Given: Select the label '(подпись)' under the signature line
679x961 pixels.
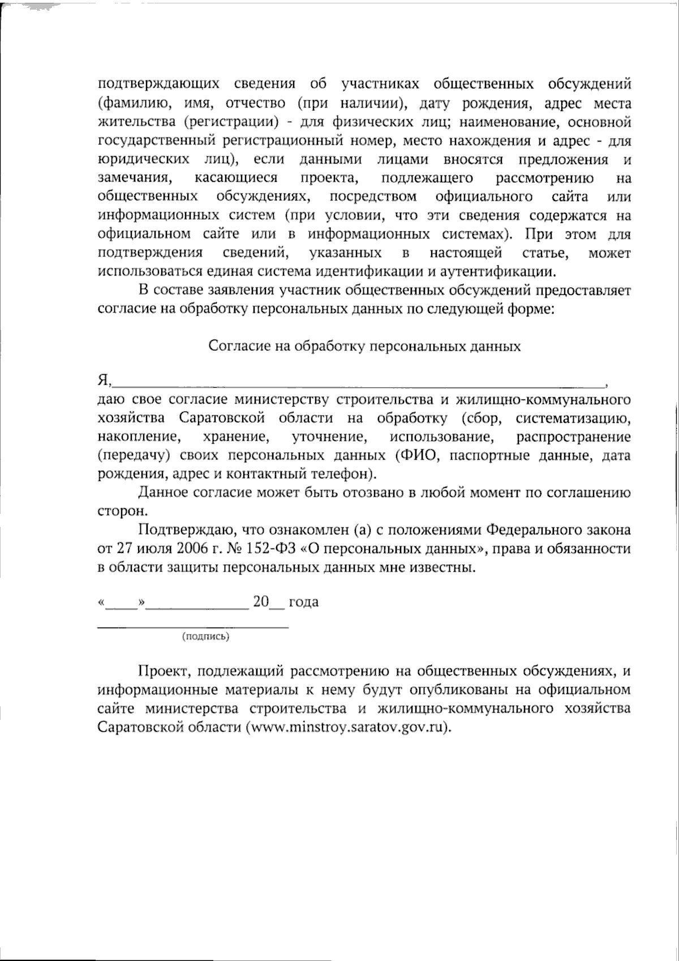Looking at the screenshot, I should [x=205, y=637].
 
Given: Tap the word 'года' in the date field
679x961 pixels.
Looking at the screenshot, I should [x=303, y=602].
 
